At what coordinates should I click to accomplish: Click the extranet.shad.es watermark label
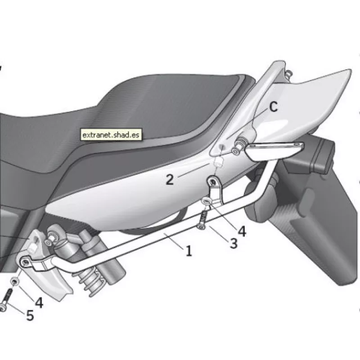pos(111,135)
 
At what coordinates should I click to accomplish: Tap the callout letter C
pos(273,107)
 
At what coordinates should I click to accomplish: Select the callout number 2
pos(170,180)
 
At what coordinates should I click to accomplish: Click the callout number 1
pos(189,251)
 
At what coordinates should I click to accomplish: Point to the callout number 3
pos(234,243)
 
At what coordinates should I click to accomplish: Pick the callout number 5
pos(30,315)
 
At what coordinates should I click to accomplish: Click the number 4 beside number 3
pos(242,231)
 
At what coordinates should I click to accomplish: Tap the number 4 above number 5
pos(39,302)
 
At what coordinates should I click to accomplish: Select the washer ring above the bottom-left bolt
pos(15,281)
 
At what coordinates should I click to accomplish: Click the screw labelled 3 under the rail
pos(202,220)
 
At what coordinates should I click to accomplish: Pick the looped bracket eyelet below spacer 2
pos(212,182)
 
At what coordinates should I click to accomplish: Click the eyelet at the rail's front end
pos(25,262)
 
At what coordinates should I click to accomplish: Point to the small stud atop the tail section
pos(288,73)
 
